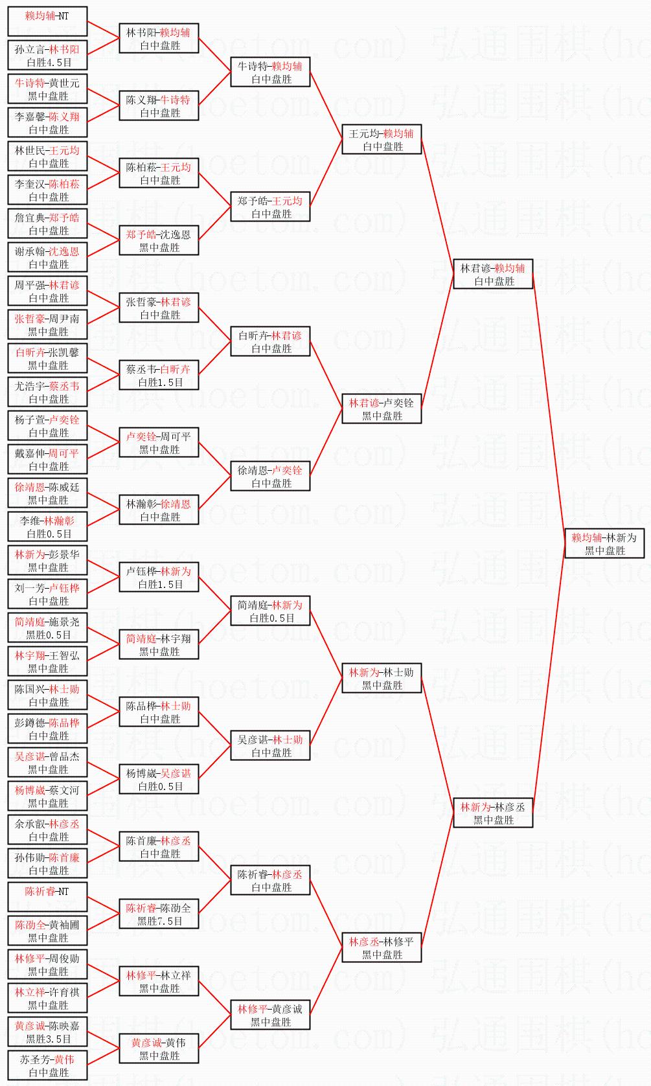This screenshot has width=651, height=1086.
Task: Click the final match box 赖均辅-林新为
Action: coord(604,543)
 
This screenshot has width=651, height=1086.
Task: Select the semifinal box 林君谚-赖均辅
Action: coord(493,274)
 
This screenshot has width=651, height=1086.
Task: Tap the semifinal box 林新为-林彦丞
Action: coord(493,813)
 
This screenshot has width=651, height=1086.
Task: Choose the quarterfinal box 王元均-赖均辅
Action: coord(382,139)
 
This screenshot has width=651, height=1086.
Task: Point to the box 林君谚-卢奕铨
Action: coord(382,409)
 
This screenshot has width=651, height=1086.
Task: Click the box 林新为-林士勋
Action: coord(382,678)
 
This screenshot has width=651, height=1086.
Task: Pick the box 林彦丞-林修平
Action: coord(382,947)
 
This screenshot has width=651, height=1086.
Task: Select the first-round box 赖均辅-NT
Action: coord(47,21)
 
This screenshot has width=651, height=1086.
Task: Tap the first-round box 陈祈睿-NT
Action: coord(47,897)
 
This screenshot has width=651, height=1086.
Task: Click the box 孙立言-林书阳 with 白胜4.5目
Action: coord(47,55)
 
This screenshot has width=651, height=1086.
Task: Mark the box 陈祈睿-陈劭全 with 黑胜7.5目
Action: coord(159,914)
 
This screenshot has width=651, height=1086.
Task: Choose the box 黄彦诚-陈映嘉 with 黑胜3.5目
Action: coord(47,1032)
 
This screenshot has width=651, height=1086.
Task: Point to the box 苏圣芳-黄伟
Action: coord(47,1065)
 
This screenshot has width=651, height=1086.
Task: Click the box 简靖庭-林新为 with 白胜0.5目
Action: coord(270,611)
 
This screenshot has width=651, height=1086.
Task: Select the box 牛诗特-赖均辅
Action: coord(270,72)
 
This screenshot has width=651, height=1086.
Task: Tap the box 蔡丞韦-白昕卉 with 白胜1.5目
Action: coord(159,375)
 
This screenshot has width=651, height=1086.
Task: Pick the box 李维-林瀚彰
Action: coord(47,526)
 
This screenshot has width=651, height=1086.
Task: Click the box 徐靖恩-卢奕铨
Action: coord(270,476)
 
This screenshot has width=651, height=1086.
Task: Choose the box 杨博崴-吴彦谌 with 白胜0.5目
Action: coord(159,779)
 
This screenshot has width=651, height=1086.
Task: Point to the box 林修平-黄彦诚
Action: coord(270,1015)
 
